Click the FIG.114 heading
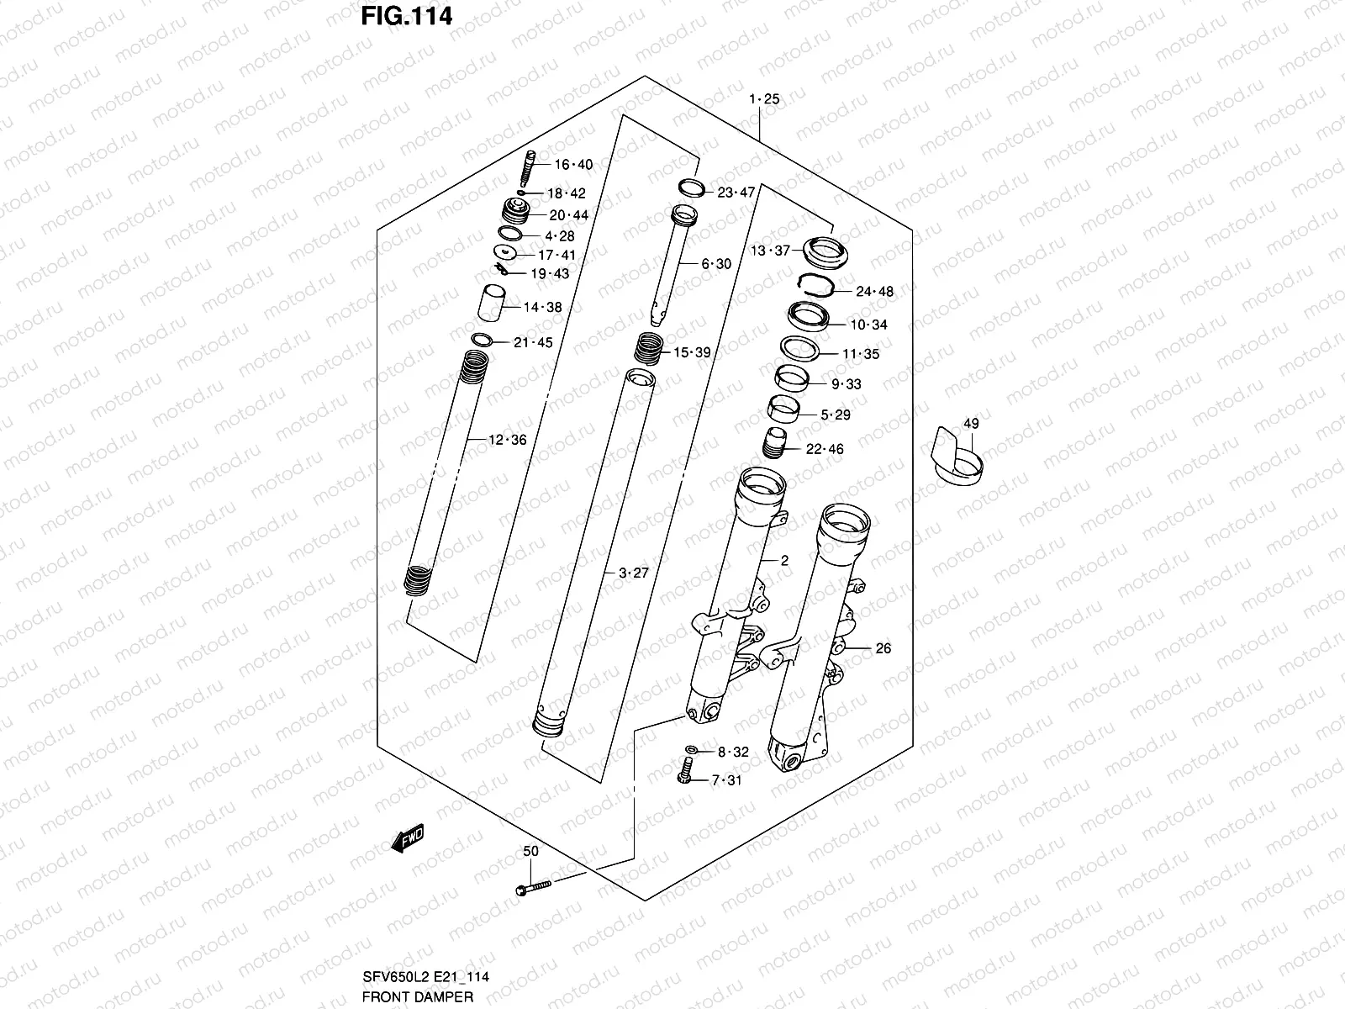[407, 16]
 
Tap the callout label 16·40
[572, 165]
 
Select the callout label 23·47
[736, 193]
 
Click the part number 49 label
[971, 424]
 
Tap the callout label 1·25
[764, 99]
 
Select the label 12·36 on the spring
[507, 440]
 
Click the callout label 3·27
[634, 573]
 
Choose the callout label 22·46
[824, 449]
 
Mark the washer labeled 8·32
[691, 749]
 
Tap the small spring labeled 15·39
[649, 346]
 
